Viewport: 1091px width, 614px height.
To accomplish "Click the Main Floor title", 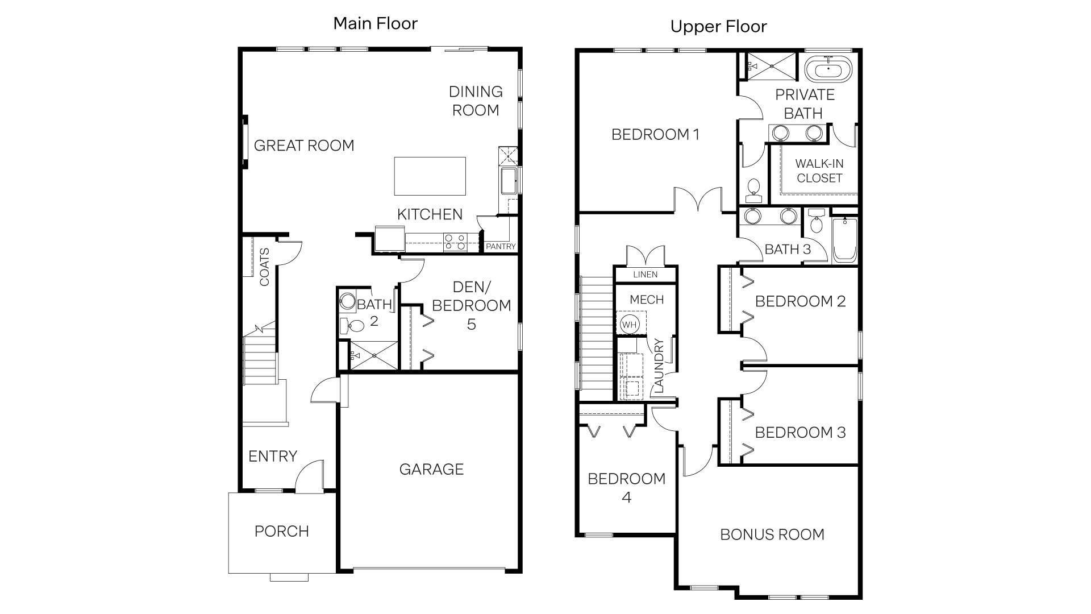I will pyautogui.click(x=375, y=23).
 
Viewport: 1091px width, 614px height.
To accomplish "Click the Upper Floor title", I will pyautogui.click(x=718, y=27).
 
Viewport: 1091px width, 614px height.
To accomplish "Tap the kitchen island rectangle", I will pyautogui.click(x=430, y=176).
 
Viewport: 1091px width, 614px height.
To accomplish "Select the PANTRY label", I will pyautogui.click(x=501, y=246).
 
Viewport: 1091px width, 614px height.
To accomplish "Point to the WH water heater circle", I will pyautogui.click(x=629, y=325).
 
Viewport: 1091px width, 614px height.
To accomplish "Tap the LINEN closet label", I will pyautogui.click(x=645, y=275).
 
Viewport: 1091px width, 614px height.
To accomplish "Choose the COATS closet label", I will pyautogui.click(x=264, y=267).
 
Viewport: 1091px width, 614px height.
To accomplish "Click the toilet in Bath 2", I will pyautogui.click(x=353, y=326).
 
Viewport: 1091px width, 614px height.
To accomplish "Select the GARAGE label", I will pyautogui.click(x=431, y=469).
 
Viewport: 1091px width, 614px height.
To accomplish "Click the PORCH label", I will pyautogui.click(x=282, y=531).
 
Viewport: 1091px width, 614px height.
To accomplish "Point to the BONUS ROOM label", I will pyautogui.click(x=772, y=534).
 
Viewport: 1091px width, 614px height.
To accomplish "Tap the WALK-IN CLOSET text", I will pyautogui.click(x=819, y=171).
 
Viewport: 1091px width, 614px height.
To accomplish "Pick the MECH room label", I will pyautogui.click(x=647, y=300).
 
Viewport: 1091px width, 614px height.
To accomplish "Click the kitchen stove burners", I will pyautogui.click(x=455, y=242).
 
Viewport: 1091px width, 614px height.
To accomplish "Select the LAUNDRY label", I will pyautogui.click(x=659, y=366).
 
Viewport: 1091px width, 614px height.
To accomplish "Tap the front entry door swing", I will pyautogui.click(x=309, y=475).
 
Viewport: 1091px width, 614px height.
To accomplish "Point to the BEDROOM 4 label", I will pyautogui.click(x=626, y=487).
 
